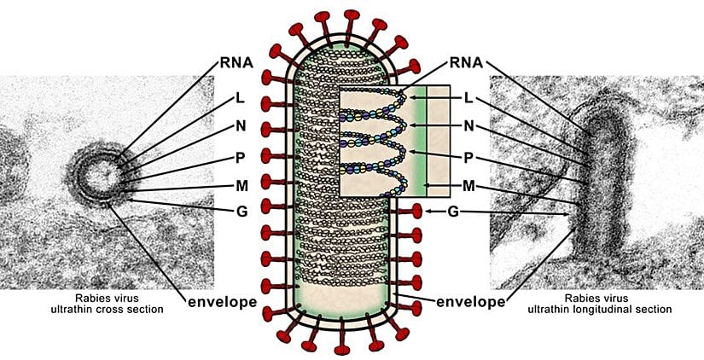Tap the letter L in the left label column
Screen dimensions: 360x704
click(x=241, y=99)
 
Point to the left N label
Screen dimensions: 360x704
click(x=241, y=128)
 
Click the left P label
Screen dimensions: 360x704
click(x=241, y=157)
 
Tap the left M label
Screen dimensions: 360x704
click(x=241, y=187)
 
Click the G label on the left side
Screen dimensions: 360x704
click(x=241, y=212)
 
